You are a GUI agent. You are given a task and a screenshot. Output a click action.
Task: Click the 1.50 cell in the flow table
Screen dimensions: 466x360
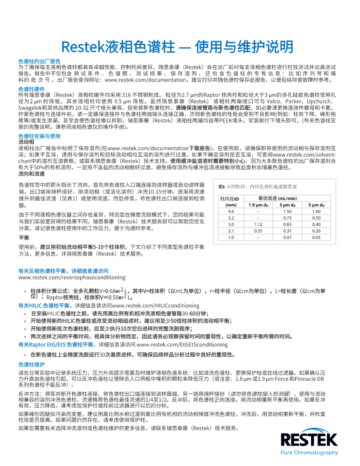click(x=287, y=211)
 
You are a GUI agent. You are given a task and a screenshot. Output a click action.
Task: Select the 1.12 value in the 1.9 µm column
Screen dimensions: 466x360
click(x=258, y=224)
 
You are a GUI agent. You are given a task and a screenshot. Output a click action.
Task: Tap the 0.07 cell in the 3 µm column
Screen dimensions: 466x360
click(x=287, y=237)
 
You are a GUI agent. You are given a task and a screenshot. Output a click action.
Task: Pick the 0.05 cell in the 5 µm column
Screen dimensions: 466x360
click(x=316, y=237)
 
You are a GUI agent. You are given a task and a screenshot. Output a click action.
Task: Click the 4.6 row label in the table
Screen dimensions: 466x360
click(x=231, y=211)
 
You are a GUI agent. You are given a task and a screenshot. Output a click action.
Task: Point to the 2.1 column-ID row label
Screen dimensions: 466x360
click(x=231, y=231)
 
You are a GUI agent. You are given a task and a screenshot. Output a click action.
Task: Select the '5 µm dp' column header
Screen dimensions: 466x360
click(x=316, y=204)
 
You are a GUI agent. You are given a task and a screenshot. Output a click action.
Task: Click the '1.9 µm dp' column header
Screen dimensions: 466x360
click(x=258, y=204)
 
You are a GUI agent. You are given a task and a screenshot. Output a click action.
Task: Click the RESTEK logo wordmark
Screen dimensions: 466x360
click(x=309, y=440)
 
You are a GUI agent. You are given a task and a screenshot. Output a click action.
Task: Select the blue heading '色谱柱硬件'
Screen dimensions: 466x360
click(x=32, y=89)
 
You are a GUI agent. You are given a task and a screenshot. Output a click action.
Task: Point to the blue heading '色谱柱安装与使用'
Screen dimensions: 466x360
click(x=39, y=136)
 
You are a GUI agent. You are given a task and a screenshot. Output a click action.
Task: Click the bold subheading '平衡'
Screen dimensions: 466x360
click(x=23, y=237)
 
